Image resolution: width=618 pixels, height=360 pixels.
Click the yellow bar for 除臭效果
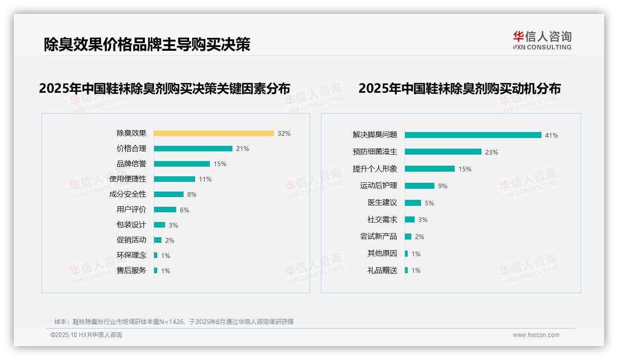click(x=214, y=133)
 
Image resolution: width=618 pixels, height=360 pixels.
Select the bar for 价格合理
click(x=193, y=149)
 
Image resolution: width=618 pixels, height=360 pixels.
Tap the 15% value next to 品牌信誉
click(x=220, y=164)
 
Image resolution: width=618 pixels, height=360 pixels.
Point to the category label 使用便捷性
click(x=128, y=179)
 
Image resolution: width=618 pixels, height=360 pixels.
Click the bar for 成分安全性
click(x=168, y=194)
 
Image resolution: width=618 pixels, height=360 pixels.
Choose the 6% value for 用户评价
click(x=184, y=210)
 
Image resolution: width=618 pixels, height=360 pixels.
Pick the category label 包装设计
click(x=131, y=225)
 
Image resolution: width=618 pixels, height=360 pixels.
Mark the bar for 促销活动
click(x=158, y=240)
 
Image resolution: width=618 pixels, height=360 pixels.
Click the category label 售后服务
click(x=131, y=270)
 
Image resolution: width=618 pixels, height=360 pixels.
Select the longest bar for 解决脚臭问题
click(x=473, y=135)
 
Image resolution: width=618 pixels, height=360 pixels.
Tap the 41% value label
click(x=552, y=135)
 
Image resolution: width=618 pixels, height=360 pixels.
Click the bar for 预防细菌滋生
click(x=443, y=152)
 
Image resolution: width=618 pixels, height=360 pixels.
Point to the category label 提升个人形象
click(x=375, y=169)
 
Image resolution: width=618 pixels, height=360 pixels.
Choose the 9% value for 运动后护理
click(x=443, y=186)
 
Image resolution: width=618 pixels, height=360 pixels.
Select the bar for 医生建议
click(x=413, y=203)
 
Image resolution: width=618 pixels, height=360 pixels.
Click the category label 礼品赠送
click(x=382, y=270)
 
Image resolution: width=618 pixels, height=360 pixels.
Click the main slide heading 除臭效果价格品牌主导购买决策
click(x=147, y=44)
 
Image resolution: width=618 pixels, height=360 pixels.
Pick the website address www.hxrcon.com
click(x=536, y=335)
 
